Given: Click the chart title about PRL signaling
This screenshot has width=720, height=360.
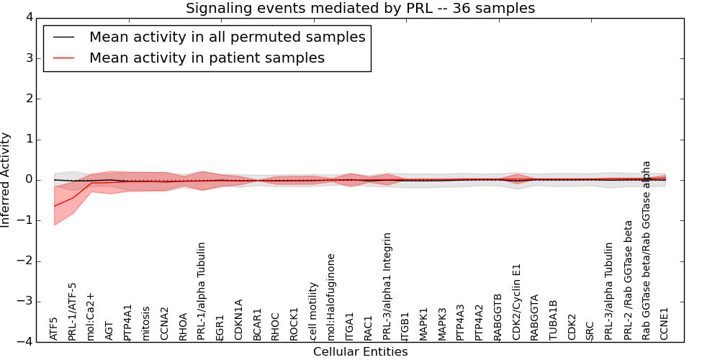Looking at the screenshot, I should [x=360, y=9].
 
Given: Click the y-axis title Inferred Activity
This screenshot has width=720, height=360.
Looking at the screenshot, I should [x=6, y=179].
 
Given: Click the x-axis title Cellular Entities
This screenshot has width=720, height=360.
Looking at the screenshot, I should [x=360, y=352].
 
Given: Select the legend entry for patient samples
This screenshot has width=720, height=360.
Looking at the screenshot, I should [x=207, y=58].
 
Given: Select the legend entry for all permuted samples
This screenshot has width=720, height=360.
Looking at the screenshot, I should [x=227, y=37].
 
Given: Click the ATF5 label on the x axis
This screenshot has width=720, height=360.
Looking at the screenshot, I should [x=54, y=328].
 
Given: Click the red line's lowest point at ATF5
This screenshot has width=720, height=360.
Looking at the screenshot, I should [x=54, y=207].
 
